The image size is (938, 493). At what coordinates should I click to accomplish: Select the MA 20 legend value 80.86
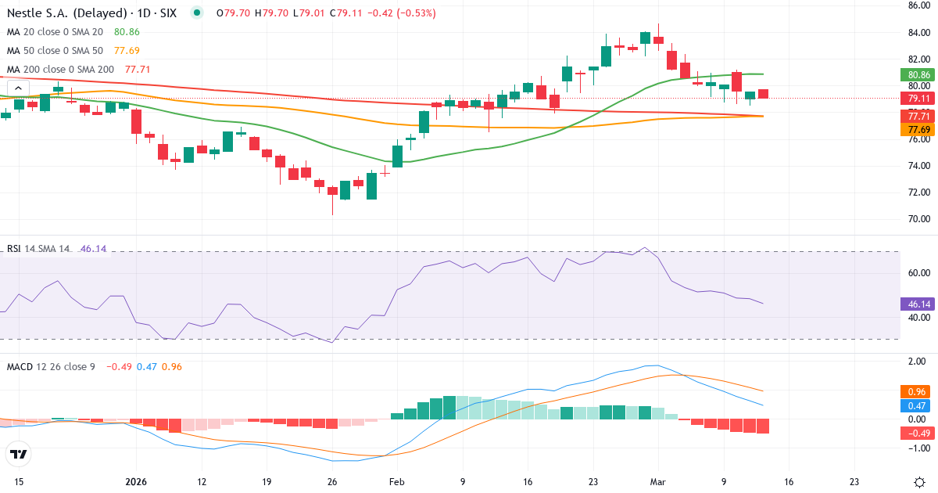[x=127, y=32]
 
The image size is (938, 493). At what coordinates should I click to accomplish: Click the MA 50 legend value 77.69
[x=127, y=51]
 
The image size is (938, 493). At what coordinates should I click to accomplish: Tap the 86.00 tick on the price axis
[x=918, y=5]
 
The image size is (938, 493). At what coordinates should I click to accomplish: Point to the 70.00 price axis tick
[x=918, y=219]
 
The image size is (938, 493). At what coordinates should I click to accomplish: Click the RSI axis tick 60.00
[x=918, y=273]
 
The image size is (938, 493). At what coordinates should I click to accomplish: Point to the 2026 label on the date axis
[x=136, y=482]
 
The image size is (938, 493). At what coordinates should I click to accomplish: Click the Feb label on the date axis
[x=397, y=482]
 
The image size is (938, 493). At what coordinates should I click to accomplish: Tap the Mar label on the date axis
[x=658, y=482]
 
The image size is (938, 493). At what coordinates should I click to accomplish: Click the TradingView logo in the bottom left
[x=19, y=454]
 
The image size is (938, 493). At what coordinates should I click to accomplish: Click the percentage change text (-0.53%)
[x=417, y=13]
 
